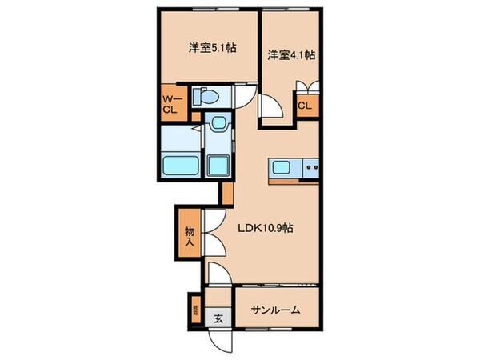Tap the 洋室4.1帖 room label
click(290, 55)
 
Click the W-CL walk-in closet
click(171, 104)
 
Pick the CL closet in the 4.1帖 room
click(305, 105)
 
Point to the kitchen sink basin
click(282, 167)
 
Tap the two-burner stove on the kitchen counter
click(310, 168)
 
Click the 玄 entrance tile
click(218, 318)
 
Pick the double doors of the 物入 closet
click(213, 233)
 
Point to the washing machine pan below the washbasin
click(218, 166)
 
